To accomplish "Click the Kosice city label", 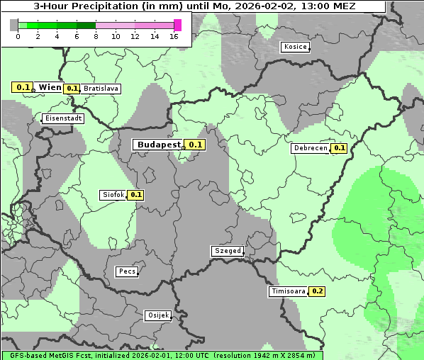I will click(x=295, y=47).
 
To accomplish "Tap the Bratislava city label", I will click(x=101, y=89).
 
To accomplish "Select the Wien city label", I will click(x=50, y=87).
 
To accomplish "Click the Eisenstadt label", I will click(x=63, y=118).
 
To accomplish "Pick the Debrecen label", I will click(x=310, y=149).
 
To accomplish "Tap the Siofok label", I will click(x=113, y=195).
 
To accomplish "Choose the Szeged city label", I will click(x=228, y=251).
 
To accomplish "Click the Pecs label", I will click(x=127, y=271).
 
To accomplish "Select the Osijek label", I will click(x=157, y=315).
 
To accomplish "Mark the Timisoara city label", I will click(x=288, y=291).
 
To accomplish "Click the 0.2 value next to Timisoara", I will click(x=317, y=291).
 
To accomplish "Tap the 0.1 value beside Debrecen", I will click(x=339, y=149).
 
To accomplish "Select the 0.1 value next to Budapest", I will click(x=196, y=145).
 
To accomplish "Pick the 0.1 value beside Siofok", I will click(x=136, y=195).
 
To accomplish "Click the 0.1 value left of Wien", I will click(x=23, y=87).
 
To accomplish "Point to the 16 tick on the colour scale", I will click(x=174, y=36).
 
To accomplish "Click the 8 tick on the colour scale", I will click(x=96, y=36).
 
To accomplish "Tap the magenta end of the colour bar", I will click(x=177, y=25).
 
